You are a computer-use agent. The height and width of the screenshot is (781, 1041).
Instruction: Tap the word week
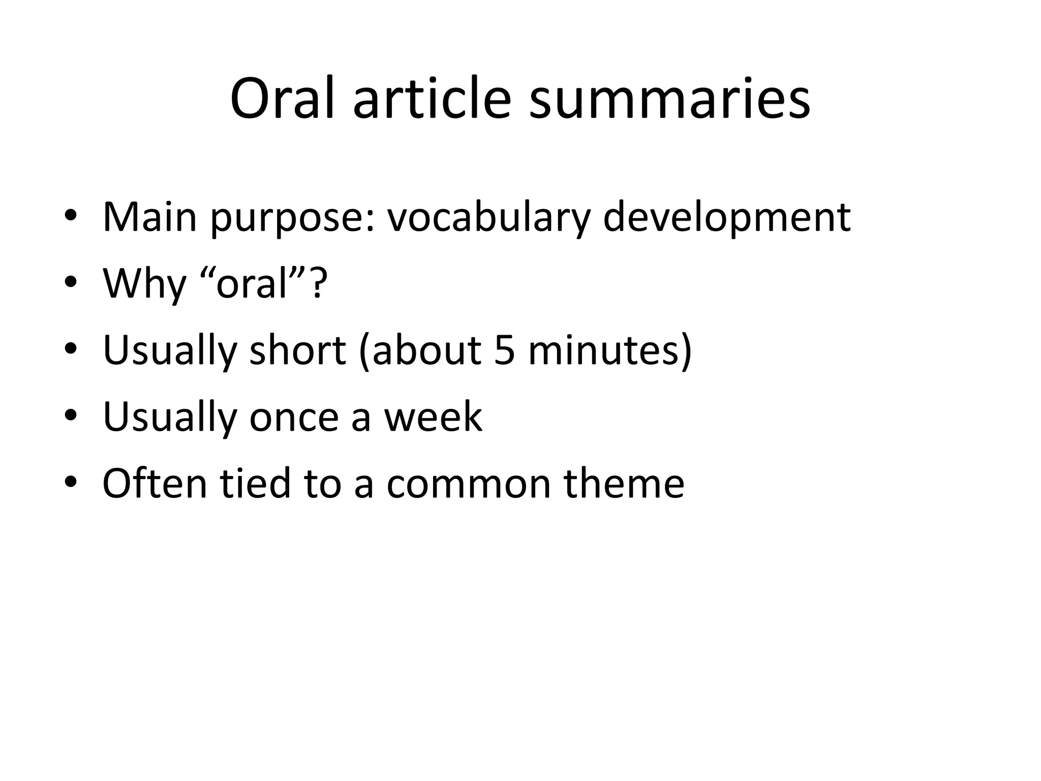pyautogui.click(x=433, y=416)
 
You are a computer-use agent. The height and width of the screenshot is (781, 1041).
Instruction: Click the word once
pyautogui.click(x=294, y=416)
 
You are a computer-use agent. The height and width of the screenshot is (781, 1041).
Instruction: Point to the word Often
pyautogui.click(x=155, y=483)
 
